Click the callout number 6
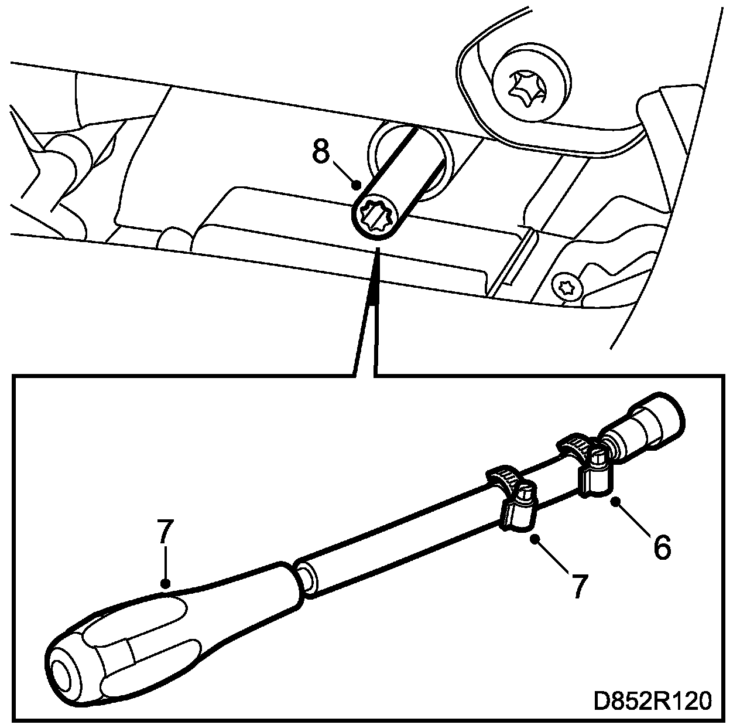(x=661, y=547)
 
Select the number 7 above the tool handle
(x=165, y=533)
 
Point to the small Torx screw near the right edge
(x=566, y=287)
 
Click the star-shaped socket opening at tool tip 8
(x=376, y=217)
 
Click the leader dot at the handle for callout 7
(x=166, y=583)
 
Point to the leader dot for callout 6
(x=614, y=501)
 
